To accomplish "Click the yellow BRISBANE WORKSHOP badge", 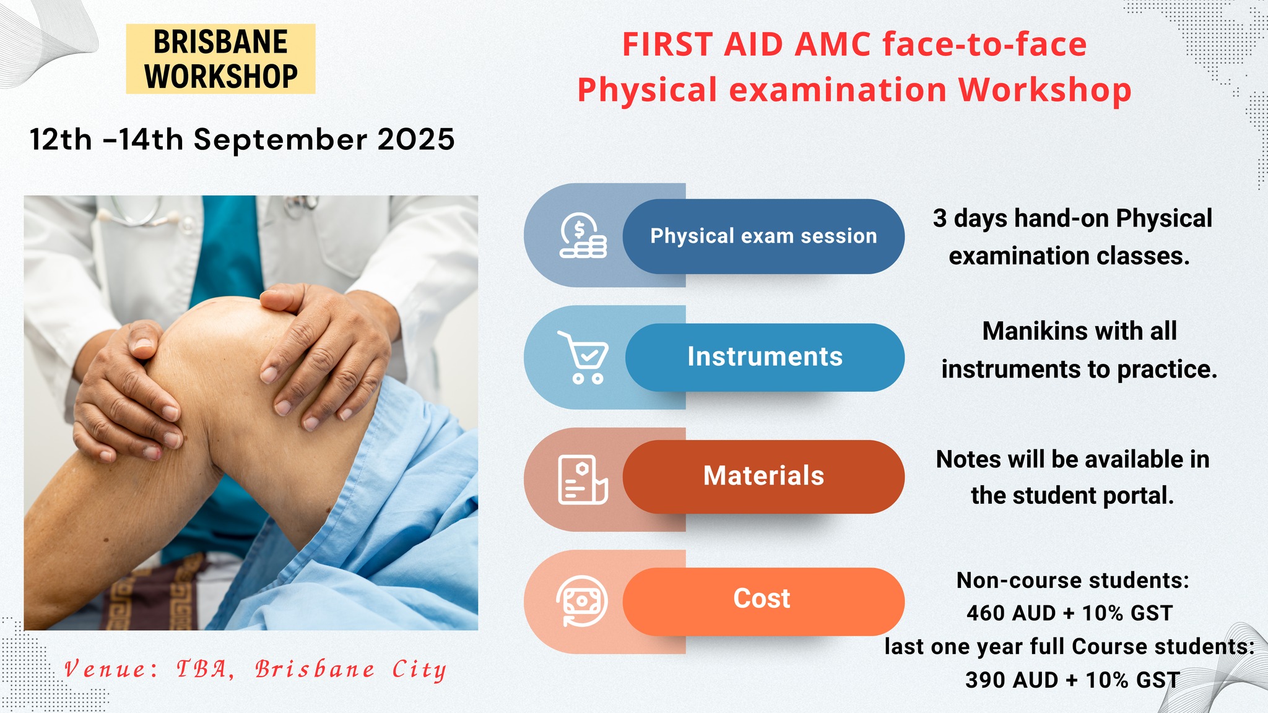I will (220, 59).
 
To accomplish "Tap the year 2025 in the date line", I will (416, 140).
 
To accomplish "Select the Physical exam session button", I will (763, 236).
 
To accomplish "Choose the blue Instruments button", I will (765, 357).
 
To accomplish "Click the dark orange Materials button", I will (763, 477).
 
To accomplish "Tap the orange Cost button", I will (762, 599).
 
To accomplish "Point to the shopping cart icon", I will (584, 358).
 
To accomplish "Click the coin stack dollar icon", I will (583, 236).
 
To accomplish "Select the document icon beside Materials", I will (582, 480).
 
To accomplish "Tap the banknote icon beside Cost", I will (582, 601).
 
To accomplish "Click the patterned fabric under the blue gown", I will (155, 594).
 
